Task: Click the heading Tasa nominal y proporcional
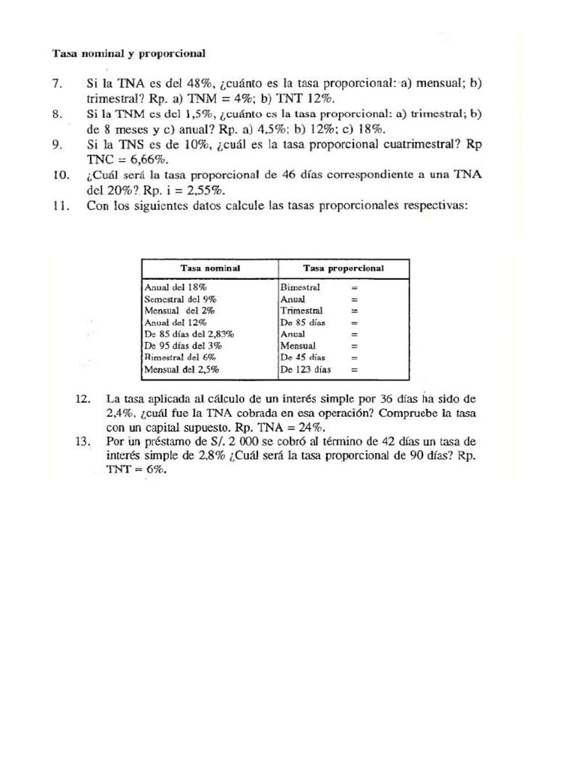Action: coord(128,53)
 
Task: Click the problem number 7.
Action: coord(57,83)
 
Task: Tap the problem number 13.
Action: coord(82,442)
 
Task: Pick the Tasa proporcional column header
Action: coord(343,268)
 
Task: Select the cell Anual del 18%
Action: coord(175,287)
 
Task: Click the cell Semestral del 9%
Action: coord(181,298)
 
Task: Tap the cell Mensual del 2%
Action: coord(177,310)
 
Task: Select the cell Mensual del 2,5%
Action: coord(181,370)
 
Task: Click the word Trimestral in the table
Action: coord(301,310)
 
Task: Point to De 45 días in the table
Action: coord(302,358)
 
